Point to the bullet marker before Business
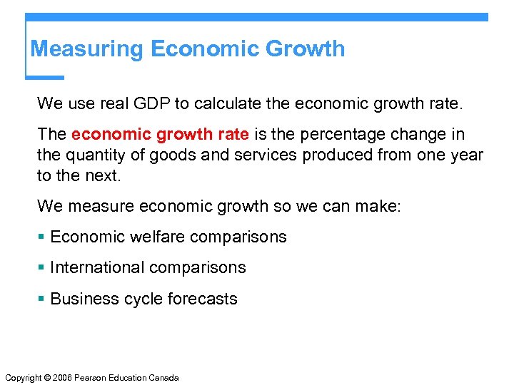tap(42, 299)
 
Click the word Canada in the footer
tap(163, 378)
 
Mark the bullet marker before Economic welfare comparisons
tap(42, 237)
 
